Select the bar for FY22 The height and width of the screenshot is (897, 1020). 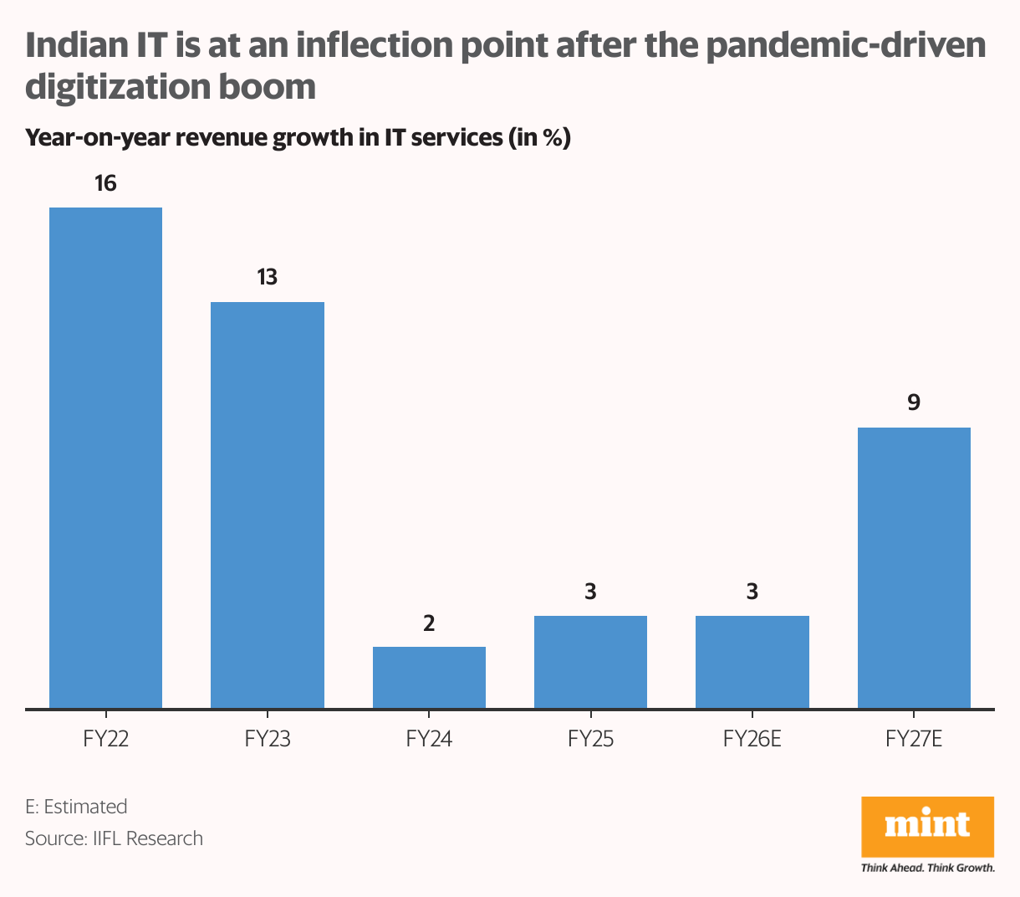click(x=105, y=458)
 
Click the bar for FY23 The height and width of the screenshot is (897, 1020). click(x=267, y=505)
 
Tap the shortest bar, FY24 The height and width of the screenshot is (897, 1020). click(x=429, y=677)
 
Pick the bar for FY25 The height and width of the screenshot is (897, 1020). click(x=590, y=662)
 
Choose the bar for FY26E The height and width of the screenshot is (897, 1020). click(x=752, y=662)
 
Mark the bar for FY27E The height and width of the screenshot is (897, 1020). click(x=914, y=567)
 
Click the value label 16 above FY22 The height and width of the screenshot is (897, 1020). click(x=105, y=182)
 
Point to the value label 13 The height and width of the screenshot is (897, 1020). click(x=267, y=277)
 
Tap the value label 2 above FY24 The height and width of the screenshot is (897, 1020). click(x=429, y=623)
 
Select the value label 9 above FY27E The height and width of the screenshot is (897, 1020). click(x=914, y=402)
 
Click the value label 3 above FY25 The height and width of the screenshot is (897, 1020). click(x=590, y=592)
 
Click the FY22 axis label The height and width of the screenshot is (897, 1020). click(x=105, y=739)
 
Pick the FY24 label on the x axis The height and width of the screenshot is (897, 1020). click(x=429, y=739)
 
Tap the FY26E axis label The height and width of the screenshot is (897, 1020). click(x=752, y=739)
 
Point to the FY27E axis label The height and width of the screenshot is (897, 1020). click(x=914, y=739)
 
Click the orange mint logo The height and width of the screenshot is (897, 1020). click(x=927, y=826)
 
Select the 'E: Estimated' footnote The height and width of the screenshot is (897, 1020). click(x=76, y=807)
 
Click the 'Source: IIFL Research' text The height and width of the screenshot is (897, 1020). click(x=114, y=838)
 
